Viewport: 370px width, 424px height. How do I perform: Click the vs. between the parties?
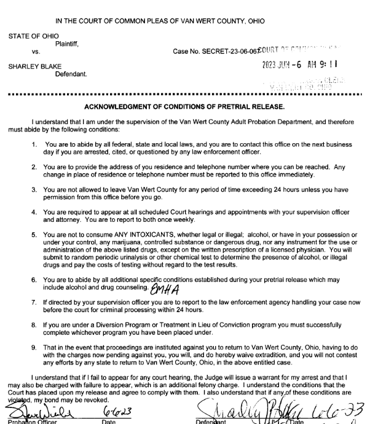tap(34, 53)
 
